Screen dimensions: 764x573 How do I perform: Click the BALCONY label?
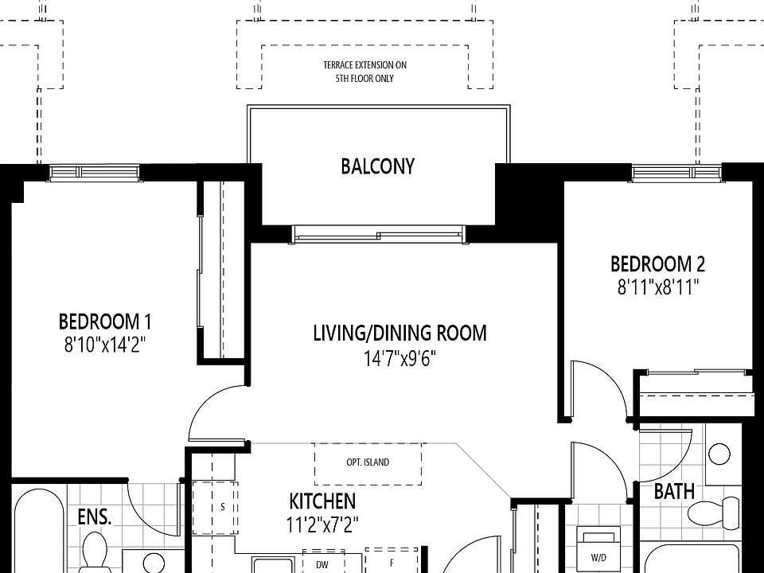pyautogui.click(x=377, y=166)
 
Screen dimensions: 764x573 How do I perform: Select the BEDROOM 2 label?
pyautogui.click(x=658, y=264)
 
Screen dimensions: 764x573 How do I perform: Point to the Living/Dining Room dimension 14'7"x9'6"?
pyautogui.click(x=400, y=359)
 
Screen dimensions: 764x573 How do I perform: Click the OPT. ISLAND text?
pyautogui.click(x=368, y=462)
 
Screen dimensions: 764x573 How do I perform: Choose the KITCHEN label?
pyautogui.click(x=322, y=501)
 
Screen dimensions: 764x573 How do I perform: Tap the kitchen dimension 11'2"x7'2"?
pyautogui.click(x=322, y=524)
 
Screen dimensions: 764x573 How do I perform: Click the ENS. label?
pyautogui.click(x=95, y=517)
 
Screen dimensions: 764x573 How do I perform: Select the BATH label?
pyautogui.click(x=674, y=491)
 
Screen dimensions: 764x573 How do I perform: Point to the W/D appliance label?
pyautogui.click(x=598, y=558)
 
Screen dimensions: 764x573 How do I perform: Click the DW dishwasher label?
pyautogui.click(x=322, y=565)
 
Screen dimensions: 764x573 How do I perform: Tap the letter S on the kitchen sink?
pyautogui.click(x=223, y=507)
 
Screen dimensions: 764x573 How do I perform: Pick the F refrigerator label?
pyautogui.click(x=392, y=563)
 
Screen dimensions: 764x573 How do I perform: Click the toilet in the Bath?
pyautogui.click(x=714, y=513)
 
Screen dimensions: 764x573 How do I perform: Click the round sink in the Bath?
pyautogui.click(x=719, y=454)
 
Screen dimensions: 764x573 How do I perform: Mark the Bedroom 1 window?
pyautogui.click(x=95, y=173)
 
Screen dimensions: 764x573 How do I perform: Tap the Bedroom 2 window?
pyautogui.click(x=676, y=173)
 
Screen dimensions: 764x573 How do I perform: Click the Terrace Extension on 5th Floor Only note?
pyautogui.click(x=364, y=72)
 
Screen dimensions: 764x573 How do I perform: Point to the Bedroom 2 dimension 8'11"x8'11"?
pyautogui.click(x=658, y=287)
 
